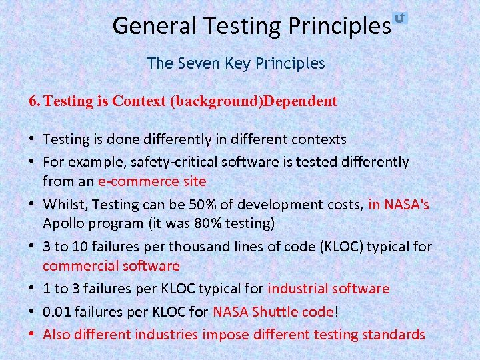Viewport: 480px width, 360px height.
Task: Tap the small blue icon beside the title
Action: click(400, 18)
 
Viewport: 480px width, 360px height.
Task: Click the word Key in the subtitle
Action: click(239, 64)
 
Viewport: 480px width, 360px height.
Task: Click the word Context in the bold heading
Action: click(139, 102)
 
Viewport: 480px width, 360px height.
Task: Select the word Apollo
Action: click(62, 223)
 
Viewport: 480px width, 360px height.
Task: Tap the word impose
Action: click(224, 334)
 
